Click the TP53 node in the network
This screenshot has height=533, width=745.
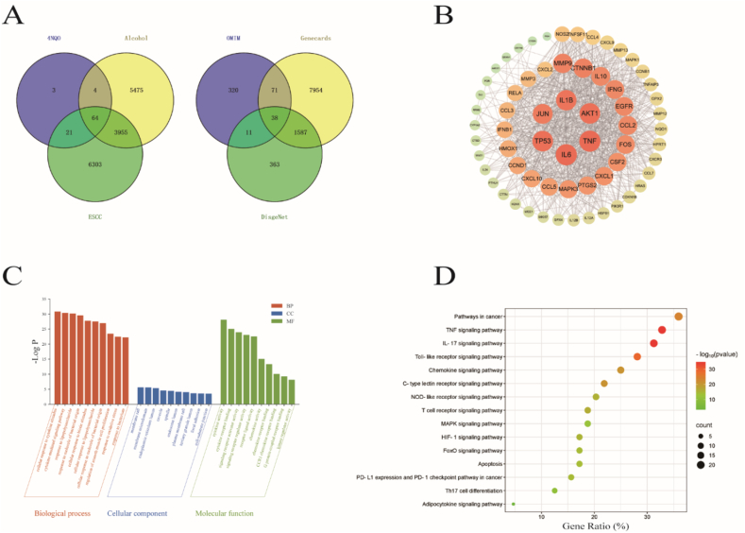click(x=543, y=141)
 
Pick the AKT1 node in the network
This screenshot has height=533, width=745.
click(x=590, y=112)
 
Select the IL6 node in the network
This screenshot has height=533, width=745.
click(x=567, y=154)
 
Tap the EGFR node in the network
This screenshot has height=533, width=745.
click(x=623, y=107)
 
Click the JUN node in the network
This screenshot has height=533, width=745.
click(x=542, y=113)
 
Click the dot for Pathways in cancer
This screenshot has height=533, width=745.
click(x=679, y=316)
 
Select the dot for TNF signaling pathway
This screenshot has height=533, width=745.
click(x=662, y=330)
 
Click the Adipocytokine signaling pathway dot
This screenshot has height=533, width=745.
click(x=514, y=504)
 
